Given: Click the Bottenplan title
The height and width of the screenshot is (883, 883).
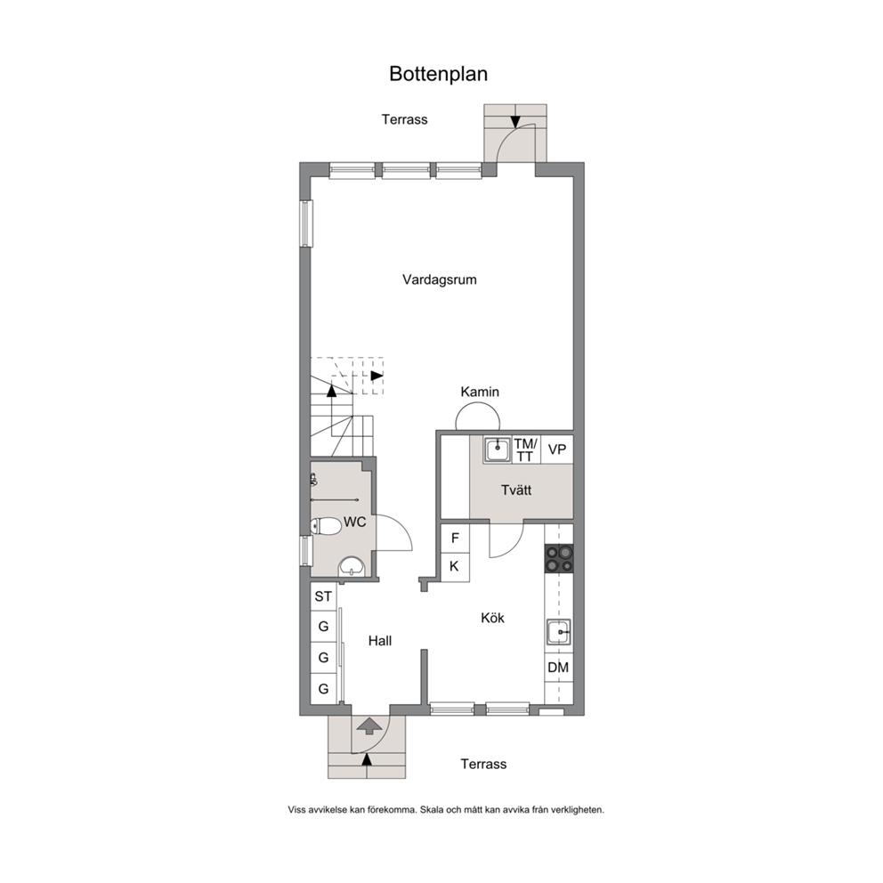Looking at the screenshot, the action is [438, 74].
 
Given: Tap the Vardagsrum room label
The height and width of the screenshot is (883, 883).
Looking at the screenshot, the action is [439, 279].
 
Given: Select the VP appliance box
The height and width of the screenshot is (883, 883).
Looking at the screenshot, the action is [557, 450].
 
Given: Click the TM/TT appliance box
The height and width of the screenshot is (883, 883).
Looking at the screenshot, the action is [526, 450].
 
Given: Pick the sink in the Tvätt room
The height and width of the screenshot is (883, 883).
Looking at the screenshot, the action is [497, 450].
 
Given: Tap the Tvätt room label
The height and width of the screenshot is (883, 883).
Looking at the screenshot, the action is [516, 490].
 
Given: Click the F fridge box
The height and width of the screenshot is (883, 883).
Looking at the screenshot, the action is [455, 539].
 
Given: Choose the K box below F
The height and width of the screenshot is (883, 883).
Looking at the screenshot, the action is [455, 567].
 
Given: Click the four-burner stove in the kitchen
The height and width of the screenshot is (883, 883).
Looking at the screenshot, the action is [559, 559].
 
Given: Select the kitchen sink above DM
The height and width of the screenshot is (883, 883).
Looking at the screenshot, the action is [558, 632].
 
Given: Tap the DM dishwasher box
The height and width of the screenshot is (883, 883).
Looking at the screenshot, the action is [559, 668].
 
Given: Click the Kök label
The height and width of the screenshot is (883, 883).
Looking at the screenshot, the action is [493, 618].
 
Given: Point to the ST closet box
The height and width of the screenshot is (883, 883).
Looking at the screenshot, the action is [323, 596].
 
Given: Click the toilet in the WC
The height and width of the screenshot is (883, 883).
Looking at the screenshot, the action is [326, 527].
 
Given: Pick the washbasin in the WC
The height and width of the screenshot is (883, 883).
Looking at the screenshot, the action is [352, 566].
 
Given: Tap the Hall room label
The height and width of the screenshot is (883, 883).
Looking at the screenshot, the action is [380, 641].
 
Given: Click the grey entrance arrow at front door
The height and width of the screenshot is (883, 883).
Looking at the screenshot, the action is [367, 725].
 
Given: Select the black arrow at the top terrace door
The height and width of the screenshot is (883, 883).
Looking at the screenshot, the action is [516, 122].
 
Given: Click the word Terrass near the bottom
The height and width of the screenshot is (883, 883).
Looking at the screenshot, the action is [483, 765].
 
